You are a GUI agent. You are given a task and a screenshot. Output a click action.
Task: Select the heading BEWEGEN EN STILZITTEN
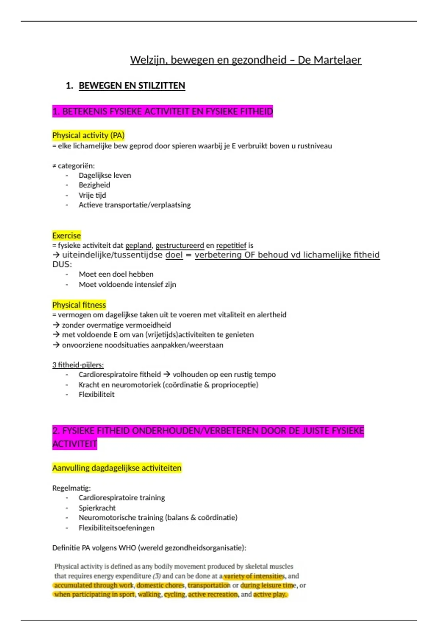pos(132,85)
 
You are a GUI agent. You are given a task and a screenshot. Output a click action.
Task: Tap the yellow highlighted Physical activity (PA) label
pos(88,136)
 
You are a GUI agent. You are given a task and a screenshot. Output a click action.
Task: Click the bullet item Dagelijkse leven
pos(105,175)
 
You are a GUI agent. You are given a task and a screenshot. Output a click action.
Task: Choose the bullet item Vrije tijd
pos(92,195)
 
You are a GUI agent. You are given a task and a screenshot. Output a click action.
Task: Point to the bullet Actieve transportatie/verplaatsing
pos(134,205)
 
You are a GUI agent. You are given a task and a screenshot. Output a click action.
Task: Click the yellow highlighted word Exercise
pos(66,236)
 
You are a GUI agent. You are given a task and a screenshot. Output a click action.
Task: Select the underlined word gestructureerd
pos(180,245)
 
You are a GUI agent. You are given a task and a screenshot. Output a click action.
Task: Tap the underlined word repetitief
pos(231,245)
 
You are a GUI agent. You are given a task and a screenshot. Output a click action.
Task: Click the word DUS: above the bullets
pos(62,264)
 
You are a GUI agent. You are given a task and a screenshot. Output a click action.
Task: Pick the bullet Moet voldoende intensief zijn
pos(127,285)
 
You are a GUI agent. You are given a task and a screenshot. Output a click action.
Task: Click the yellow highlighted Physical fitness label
pos(79,305)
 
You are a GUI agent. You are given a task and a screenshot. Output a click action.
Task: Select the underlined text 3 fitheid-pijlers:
pos(78,365)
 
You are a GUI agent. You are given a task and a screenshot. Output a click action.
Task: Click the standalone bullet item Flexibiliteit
pos(96,395)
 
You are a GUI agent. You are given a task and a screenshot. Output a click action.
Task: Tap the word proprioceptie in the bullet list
pos(234,385)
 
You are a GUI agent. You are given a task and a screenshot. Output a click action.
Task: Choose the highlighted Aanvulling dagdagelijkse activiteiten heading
pos(117,468)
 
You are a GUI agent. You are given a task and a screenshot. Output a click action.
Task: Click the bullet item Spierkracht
pos(97,508)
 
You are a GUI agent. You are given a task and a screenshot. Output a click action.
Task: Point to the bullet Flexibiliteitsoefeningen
pos(116,528)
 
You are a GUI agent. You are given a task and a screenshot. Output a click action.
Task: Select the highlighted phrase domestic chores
pos(161,585)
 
